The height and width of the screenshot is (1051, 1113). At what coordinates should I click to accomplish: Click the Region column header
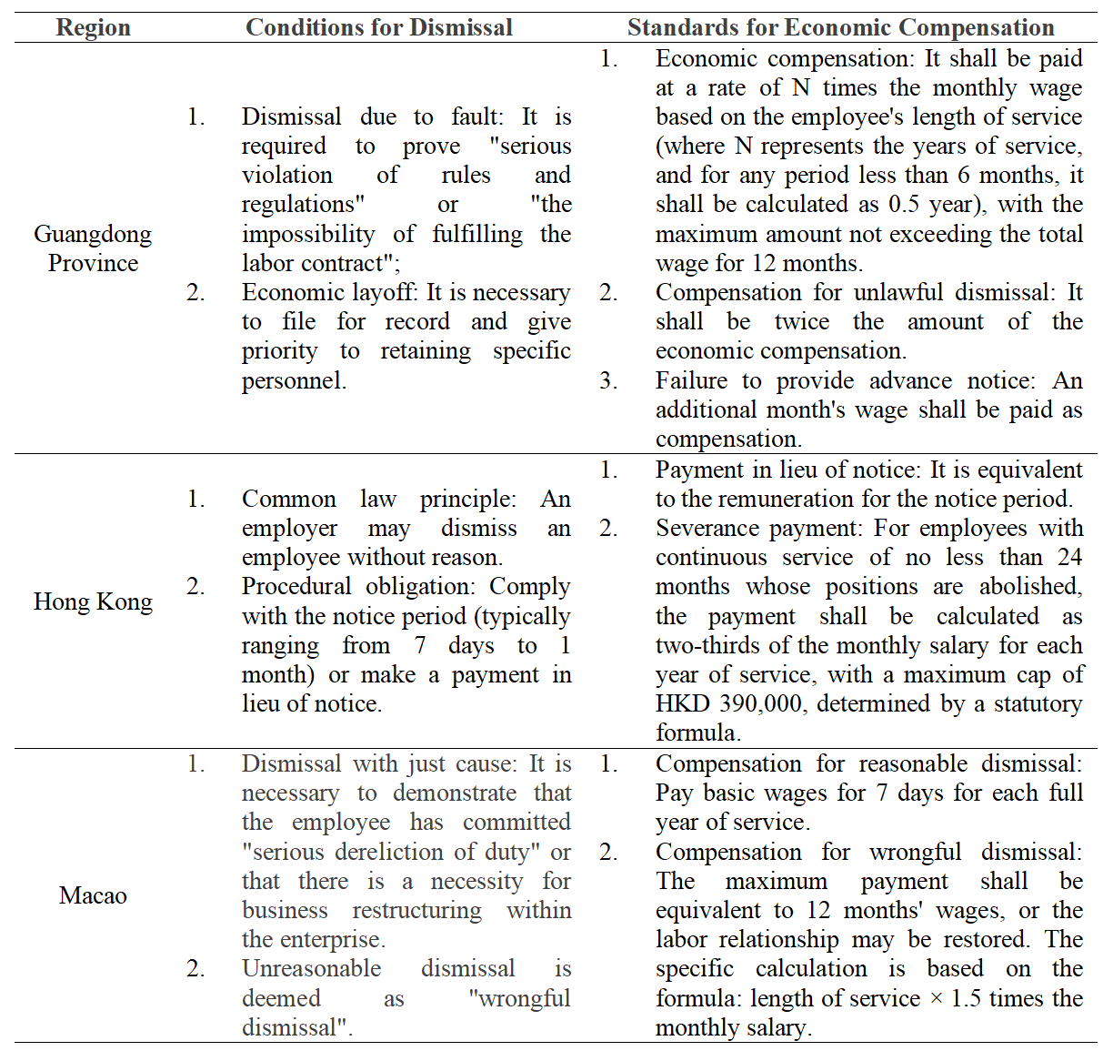pyautogui.click(x=93, y=28)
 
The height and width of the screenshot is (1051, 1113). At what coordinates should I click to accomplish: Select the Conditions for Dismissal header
pyautogui.click(x=379, y=28)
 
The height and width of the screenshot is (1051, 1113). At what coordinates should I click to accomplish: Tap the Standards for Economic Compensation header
pyautogui.click(x=840, y=28)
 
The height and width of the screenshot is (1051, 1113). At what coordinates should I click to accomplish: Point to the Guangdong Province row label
pyautogui.click(x=93, y=248)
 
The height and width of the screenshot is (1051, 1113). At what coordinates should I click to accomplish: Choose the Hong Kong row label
pyautogui.click(x=93, y=601)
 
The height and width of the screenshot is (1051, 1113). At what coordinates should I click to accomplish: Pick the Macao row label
pyautogui.click(x=93, y=895)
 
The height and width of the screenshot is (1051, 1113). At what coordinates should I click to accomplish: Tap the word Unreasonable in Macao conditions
pyautogui.click(x=311, y=969)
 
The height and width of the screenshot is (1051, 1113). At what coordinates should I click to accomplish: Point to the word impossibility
pyautogui.click(x=308, y=235)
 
